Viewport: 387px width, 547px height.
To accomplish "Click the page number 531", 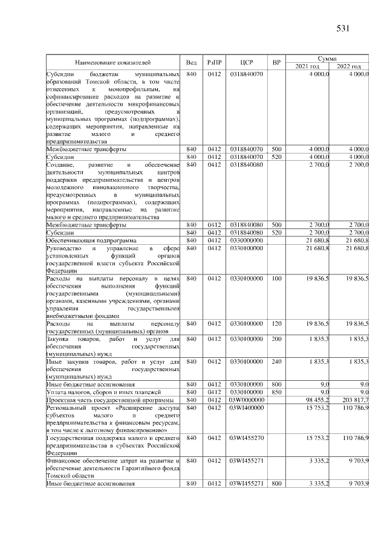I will [x=343, y=28].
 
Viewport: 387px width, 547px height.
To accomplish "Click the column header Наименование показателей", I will [x=113, y=62].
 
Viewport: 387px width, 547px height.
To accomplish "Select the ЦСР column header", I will [x=246, y=62].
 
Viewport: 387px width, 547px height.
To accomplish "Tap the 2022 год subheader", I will [x=349, y=66].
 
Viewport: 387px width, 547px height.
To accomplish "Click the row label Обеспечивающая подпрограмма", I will [x=86, y=240].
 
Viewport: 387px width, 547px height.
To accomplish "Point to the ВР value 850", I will [x=277, y=392].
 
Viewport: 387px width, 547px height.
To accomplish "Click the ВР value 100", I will [x=277, y=279].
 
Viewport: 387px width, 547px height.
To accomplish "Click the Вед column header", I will [x=191, y=62].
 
